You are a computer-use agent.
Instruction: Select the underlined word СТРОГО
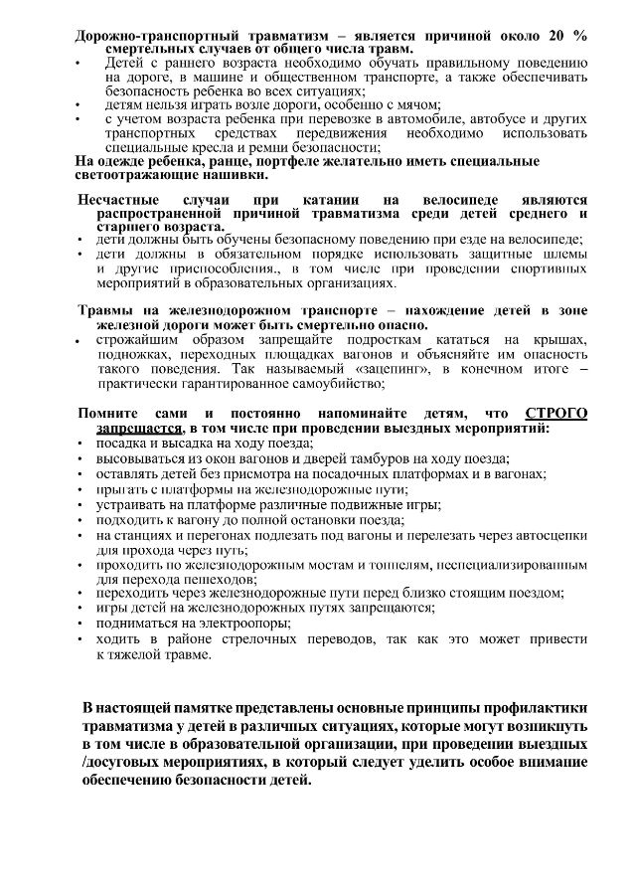click(555, 413)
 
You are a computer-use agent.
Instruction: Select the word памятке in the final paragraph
click(208, 708)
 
